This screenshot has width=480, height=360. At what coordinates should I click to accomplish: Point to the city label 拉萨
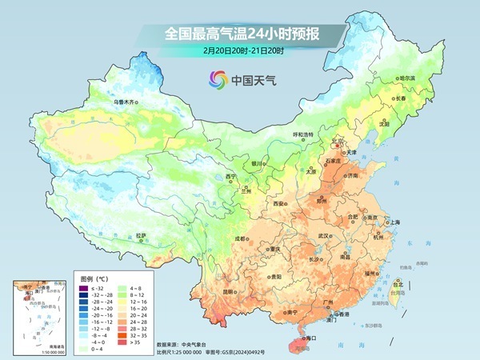click(141, 235)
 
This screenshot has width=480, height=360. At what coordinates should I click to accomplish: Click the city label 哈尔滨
click(407, 78)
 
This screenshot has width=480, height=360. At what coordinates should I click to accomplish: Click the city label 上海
click(394, 222)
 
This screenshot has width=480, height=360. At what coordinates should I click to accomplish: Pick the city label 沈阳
click(384, 123)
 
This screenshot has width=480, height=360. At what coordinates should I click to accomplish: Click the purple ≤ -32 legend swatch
click(86, 286)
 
